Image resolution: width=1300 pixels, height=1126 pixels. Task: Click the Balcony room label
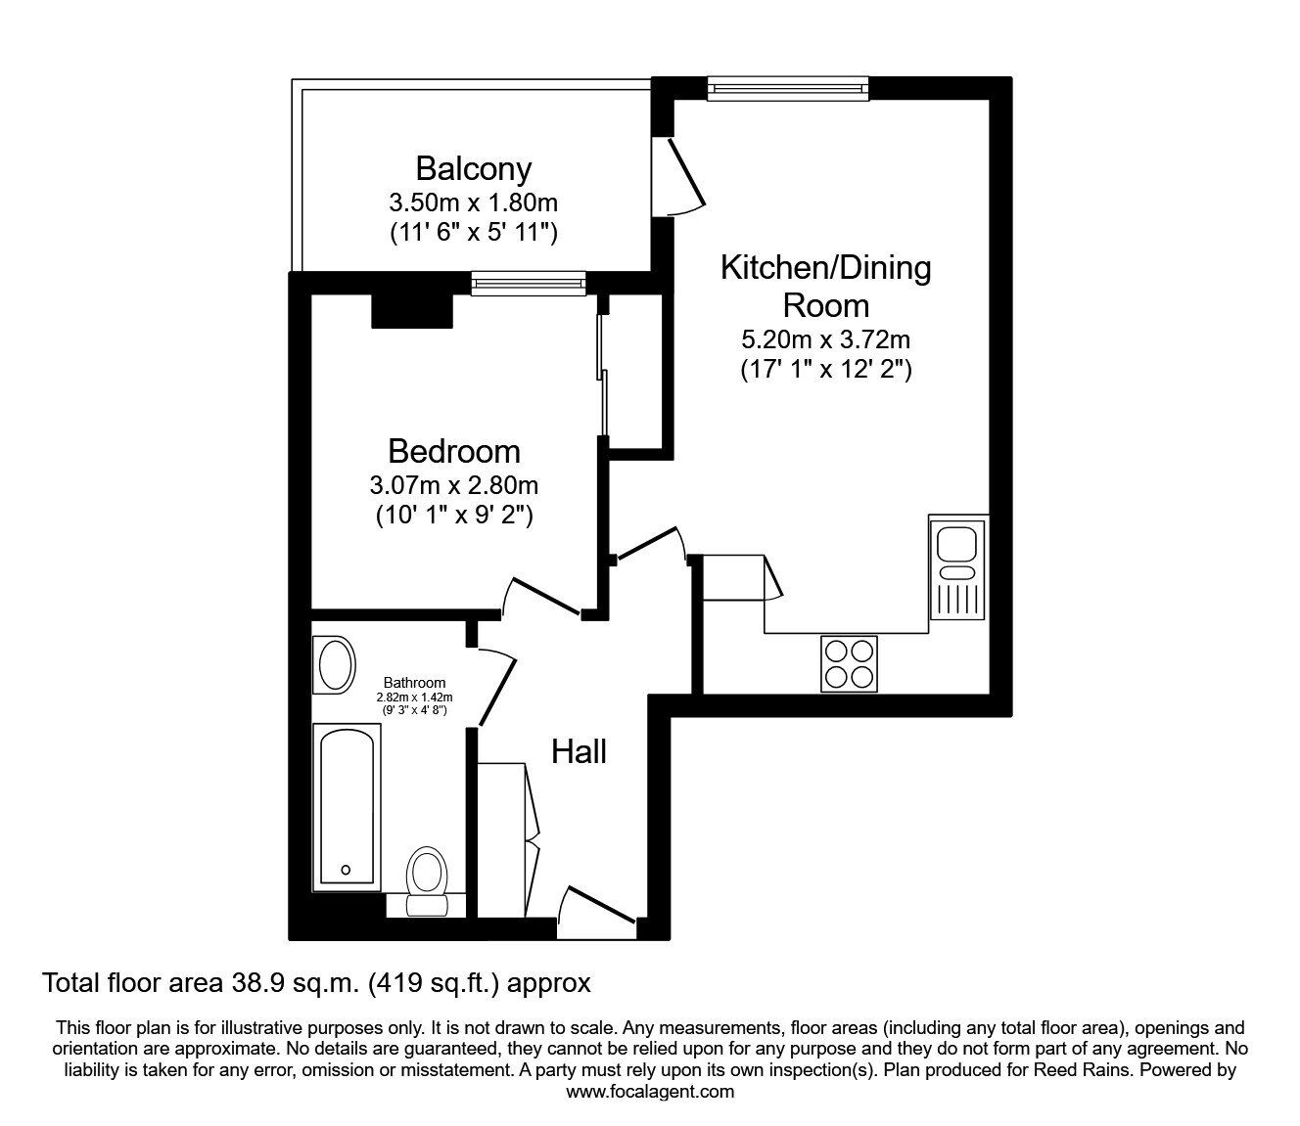pyautogui.click(x=473, y=168)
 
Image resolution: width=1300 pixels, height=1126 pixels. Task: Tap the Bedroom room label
pyautogui.click(x=453, y=451)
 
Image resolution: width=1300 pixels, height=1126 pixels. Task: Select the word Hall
pyautogui.click(x=579, y=751)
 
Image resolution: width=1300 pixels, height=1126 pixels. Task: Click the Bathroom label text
pyautogui.click(x=414, y=683)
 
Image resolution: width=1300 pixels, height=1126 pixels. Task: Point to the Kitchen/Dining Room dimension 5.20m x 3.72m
pyautogui.click(x=826, y=339)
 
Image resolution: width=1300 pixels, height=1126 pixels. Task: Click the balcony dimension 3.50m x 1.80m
pyautogui.click(x=473, y=203)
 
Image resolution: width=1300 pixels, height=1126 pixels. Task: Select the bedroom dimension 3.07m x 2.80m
pyautogui.click(x=453, y=484)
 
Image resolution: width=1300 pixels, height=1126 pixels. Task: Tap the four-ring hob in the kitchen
pyautogui.click(x=849, y=663)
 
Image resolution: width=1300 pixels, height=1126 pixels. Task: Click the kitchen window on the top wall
pyautogui.click(x=788, y=89)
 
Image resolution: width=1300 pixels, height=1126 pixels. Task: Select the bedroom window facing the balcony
pyautogui.click(x=529, y=285)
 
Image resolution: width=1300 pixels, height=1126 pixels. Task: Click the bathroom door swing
pyautogui.click(x=497, y=685)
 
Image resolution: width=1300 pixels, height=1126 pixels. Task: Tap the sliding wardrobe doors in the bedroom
pyautogui.click(x=603, y=372)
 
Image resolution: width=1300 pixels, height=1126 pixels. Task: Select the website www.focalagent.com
pyautogui.click(x=650, y=1092)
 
